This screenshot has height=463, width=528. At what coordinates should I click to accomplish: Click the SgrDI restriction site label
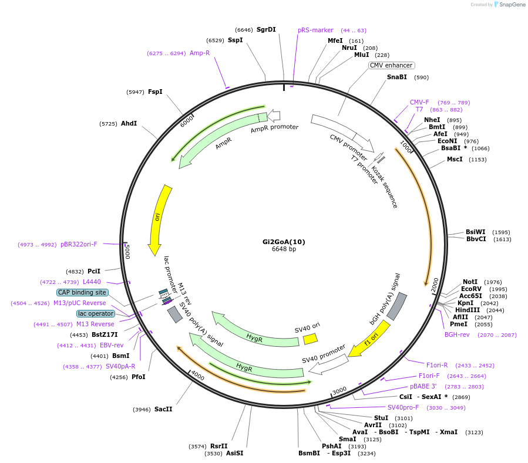tap(266, 29)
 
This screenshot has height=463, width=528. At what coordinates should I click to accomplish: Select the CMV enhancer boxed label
tap(391, 65)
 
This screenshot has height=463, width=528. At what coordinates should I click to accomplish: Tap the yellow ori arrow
tap(159, 219)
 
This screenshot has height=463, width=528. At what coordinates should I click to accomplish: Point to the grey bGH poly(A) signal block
tap(396, 306)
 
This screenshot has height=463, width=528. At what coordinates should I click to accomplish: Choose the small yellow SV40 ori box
tap(310, 339)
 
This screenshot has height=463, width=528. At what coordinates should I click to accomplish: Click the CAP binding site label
tap(82, 292)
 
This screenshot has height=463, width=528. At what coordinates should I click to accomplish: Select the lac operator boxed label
tap(96, 313)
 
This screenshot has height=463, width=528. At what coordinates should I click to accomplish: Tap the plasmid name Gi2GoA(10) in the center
tap(284, 242)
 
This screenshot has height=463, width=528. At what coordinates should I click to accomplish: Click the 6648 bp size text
tap(284, 249)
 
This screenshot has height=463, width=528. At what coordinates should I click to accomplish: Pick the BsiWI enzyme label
tap(476, 232)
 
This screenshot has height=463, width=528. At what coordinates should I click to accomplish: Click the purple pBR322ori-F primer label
tap(79, 244)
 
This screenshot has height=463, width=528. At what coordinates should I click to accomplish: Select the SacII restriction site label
tap(163, 409)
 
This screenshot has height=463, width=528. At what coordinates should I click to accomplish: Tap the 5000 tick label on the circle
tap(127, 252)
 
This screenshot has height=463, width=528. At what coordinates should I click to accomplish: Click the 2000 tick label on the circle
tap(435, 285)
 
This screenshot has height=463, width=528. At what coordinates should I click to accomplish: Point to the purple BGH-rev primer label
tap(457, 335)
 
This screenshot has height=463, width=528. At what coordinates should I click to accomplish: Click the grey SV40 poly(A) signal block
tap(175, 315)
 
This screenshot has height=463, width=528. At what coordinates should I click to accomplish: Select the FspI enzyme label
tap(155, 92)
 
